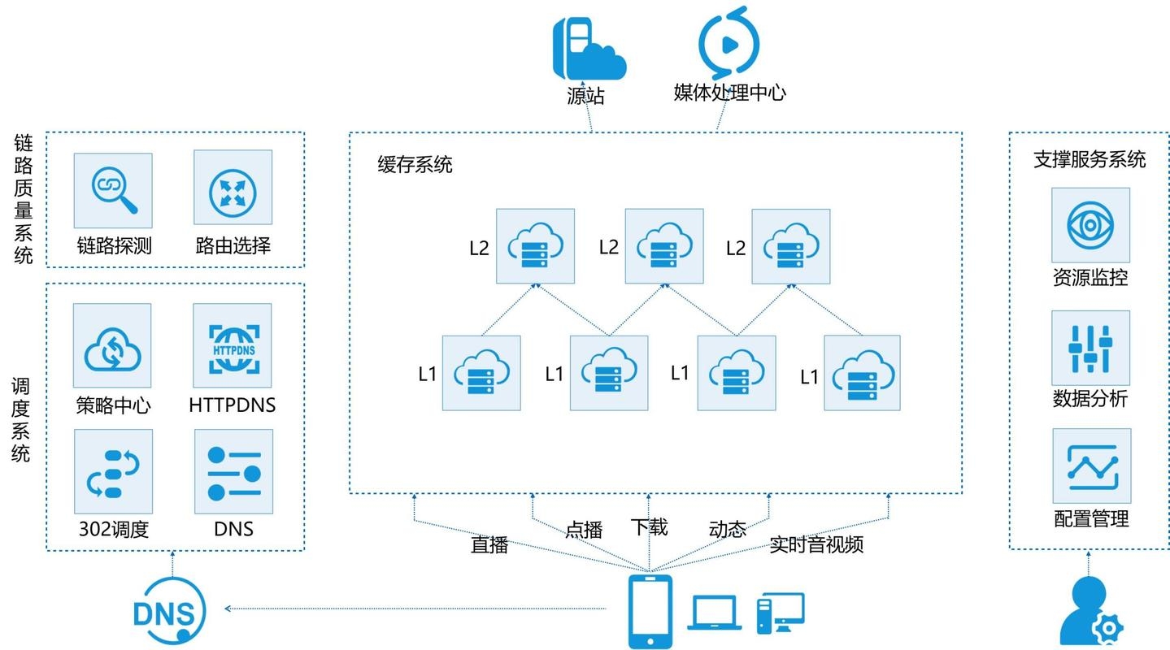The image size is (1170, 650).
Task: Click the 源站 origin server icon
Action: pos(588,47)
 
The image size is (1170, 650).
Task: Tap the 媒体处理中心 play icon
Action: pos(729,43)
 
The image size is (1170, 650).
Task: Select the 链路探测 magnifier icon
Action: pos(112,190)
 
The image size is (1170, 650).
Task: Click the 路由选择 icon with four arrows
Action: pos(233,190)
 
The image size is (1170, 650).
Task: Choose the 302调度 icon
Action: pos(112,472)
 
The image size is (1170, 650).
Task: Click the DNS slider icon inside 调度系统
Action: pos(233,472)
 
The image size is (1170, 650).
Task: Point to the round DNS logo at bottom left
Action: pos(169,610)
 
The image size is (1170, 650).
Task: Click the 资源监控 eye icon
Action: pos(1090,225)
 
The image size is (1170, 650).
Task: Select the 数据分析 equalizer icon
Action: pos(1090,347)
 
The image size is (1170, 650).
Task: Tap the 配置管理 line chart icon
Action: pos(1090,466)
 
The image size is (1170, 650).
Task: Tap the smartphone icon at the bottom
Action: pos(650,611)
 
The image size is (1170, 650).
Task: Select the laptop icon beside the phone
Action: pos(715,613)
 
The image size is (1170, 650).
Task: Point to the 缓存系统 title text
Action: pos(415,165)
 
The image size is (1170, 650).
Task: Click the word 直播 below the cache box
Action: pos(489,544)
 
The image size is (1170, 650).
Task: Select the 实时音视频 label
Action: pos(816,544)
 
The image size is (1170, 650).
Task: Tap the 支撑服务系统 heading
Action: pos(1090,159)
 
